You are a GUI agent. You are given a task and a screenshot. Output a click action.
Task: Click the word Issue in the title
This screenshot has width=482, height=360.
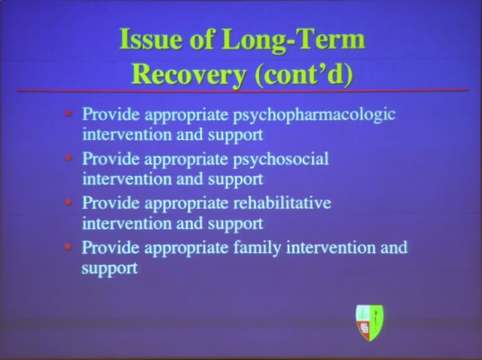point(151,39)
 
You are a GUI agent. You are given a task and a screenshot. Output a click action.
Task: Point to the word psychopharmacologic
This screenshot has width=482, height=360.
point(314,115)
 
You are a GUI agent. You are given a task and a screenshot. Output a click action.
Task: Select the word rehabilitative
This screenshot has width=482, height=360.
point(282,203)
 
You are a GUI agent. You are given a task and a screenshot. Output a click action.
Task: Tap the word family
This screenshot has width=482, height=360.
point(257,249)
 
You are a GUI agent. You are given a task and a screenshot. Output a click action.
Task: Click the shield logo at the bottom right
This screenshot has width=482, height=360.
point(369,322)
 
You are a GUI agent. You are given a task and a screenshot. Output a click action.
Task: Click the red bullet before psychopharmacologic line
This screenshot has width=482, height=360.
point(69,114)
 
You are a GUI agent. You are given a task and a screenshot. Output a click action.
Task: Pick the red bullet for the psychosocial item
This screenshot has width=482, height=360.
point(69,158)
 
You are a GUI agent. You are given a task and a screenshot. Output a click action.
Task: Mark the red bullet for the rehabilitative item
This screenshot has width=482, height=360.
point(69,203)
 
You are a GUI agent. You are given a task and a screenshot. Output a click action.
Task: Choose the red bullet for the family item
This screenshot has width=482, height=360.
point(69,246)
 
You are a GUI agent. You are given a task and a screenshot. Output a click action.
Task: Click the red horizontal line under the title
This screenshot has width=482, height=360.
point(243,90)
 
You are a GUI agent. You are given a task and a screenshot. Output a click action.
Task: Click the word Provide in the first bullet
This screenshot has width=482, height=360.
point(111,114)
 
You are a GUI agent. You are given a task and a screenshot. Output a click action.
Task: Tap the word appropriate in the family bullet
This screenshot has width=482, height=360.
point(186,249)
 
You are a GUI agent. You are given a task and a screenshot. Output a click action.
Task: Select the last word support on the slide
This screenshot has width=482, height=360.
point(109,268)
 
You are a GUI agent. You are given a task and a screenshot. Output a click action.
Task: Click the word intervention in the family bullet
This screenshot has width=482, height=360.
point(331,247)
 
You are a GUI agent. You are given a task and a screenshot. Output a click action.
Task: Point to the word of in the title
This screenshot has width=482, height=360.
point(202,39)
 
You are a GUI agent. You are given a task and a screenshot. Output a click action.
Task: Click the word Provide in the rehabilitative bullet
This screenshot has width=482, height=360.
point(111,203)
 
